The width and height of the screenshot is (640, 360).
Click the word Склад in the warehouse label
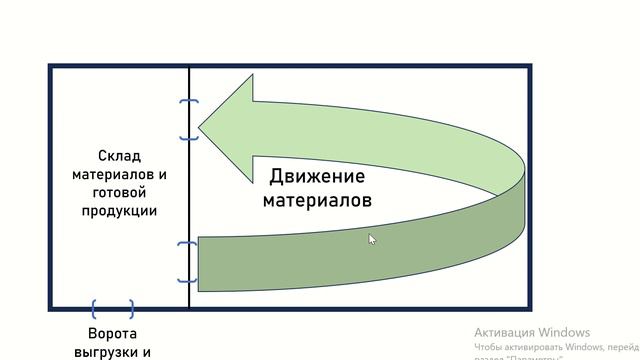point(120,156)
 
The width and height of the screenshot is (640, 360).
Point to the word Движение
point(317,178)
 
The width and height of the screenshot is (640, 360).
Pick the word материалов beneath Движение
point(317,200)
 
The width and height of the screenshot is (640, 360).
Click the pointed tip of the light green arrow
point(200,126)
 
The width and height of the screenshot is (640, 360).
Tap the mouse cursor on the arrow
point(371,239)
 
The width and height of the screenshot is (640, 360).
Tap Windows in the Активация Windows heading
point(565,332)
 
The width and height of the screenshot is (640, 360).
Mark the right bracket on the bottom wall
point(130,309)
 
